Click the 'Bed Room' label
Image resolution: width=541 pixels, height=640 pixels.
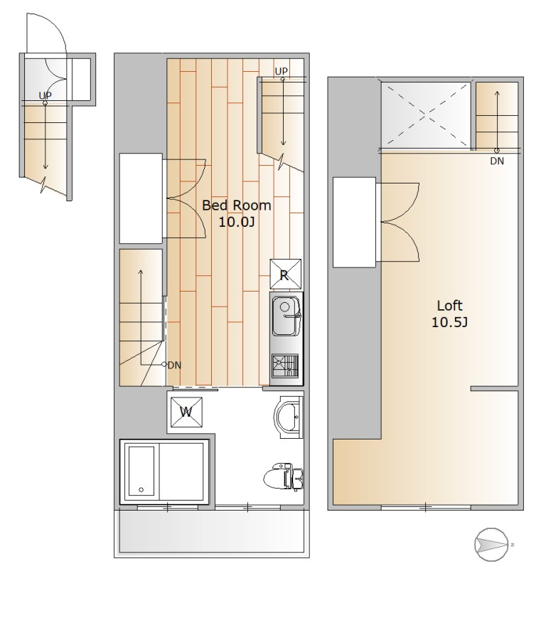tap(237, 205)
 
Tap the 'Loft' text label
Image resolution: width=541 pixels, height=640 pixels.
tap(449, 305)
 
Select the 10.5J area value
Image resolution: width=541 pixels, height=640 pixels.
tap(449, 322)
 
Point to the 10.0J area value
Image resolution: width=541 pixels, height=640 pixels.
tap(237, 223)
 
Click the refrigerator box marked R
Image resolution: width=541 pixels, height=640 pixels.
tap(286, 274)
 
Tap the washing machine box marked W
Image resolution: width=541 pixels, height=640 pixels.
tap(186, 412)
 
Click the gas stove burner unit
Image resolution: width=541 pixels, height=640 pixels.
tap(286, 366)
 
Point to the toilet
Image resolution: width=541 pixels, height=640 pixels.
tap(283, 476)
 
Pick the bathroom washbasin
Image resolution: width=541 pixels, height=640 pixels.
tap(289, 417)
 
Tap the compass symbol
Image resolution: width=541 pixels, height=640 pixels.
tap(492, 545)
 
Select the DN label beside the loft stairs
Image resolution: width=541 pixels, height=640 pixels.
tap(497, 161)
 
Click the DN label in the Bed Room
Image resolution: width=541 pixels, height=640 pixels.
tap(175, 366)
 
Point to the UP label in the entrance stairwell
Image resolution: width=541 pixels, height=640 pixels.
tap(45, 95)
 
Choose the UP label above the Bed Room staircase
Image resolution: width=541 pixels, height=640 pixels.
tap(281, 71)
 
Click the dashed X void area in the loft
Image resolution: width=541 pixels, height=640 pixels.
tap(425, 114)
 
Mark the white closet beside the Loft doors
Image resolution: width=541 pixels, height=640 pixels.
tap(354, 223)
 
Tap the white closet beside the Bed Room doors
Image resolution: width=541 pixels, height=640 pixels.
tap(141, 198)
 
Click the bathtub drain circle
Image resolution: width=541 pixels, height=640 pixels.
tap(141, 489)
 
